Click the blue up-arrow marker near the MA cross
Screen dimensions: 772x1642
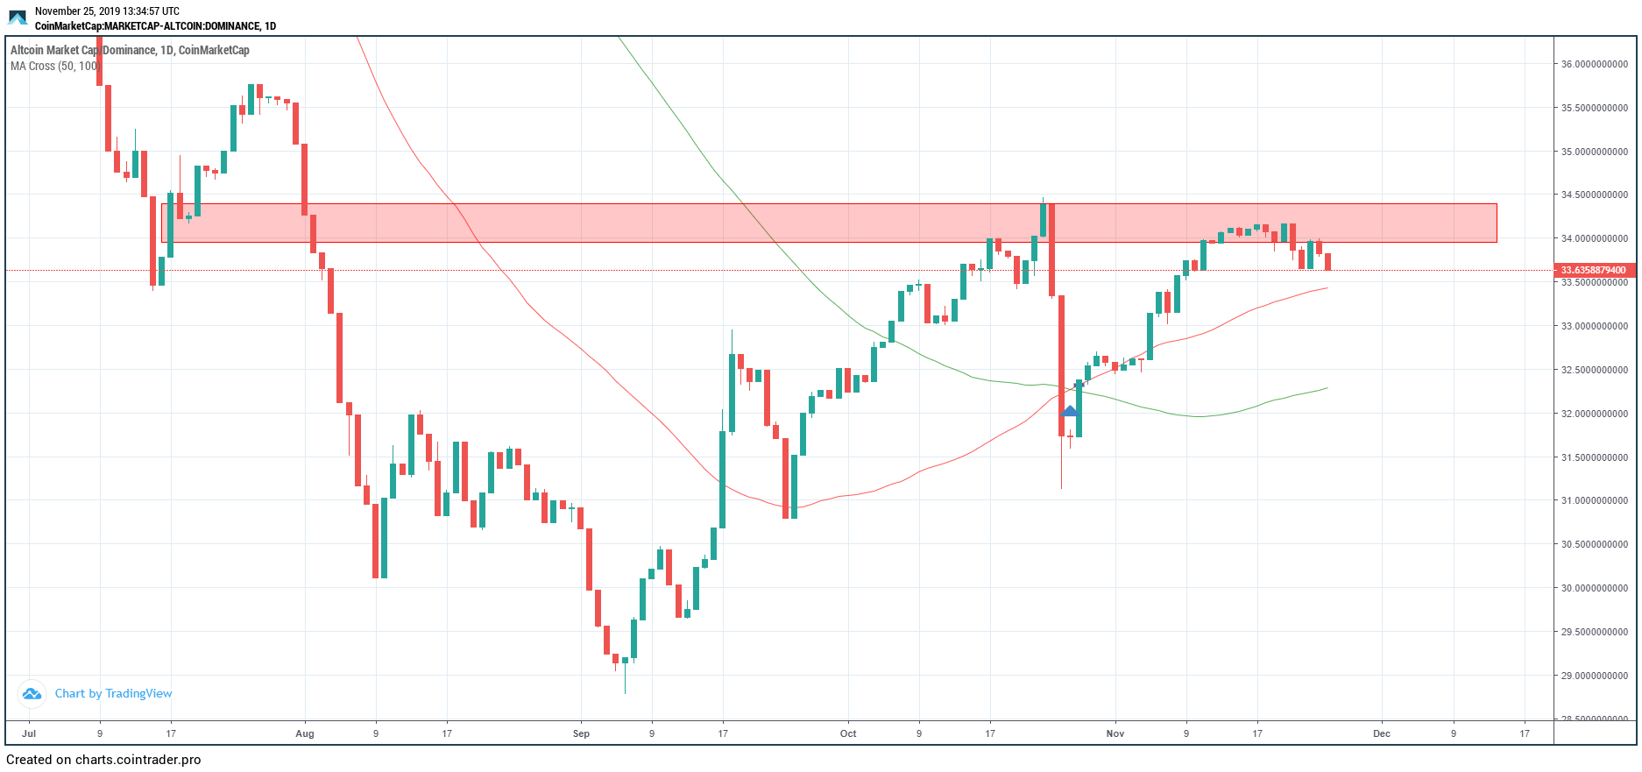tap(1069, 411)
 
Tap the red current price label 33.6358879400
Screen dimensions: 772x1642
tap(1593, 270)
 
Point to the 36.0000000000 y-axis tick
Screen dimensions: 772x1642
tap(1594, 64)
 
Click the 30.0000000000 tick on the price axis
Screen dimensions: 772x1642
tap(1594, 588)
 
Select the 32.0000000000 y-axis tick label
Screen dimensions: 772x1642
tap(1594, 414)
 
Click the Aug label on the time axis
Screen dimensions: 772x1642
tap(305, 733)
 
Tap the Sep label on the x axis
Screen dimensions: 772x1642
tap(581, 733)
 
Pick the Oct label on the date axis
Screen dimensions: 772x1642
tap(848, 733)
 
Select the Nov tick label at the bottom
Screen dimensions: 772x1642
tap(1115, 733)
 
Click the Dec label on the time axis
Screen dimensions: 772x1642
tap(1382, 733)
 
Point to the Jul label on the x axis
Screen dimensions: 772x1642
tap(29, 733)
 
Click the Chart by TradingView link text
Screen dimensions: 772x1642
tap(113, 693)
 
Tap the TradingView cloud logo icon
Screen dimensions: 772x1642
tap(32, 694)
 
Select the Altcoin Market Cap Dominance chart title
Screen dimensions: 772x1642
tap(130, 50)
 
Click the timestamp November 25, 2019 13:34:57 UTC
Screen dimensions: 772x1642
tap(107, 11)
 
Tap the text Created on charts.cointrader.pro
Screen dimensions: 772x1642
tap(103, 760)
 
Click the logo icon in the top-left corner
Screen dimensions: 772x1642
tap(18, 18)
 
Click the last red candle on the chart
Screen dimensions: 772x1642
tap(1328, 261)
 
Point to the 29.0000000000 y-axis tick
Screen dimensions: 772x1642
tap(1594, 676)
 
